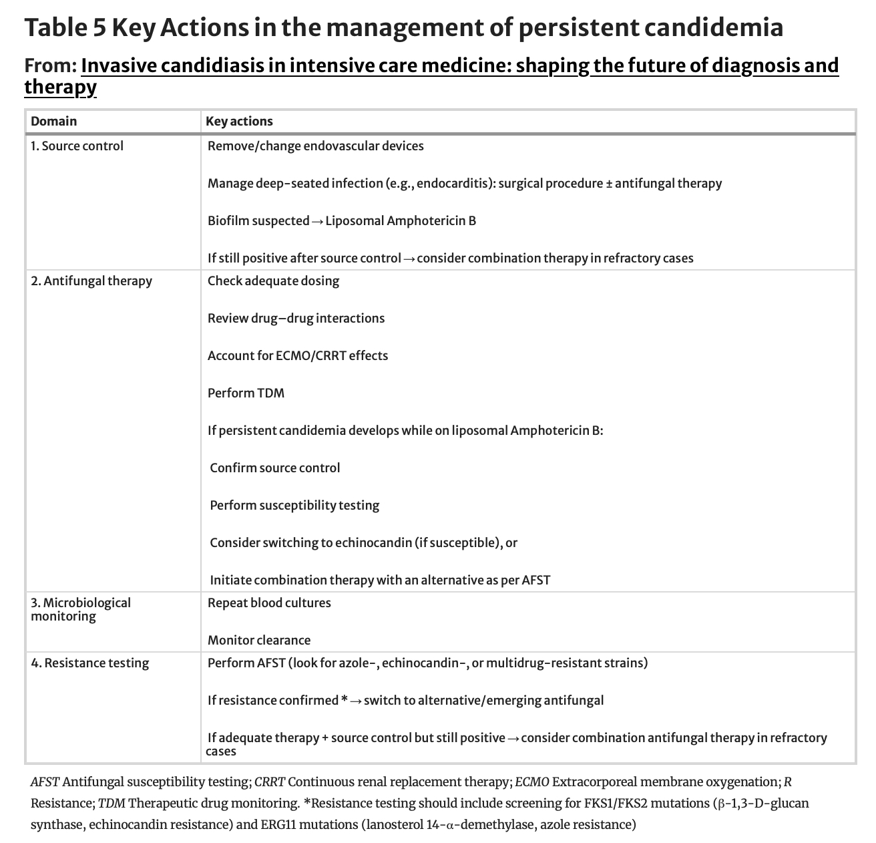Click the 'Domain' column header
pyautogui.click(x=53, y=121)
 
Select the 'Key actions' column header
pyautogui.click(x=239, y=121)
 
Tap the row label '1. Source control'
pyautogui.click(x=77, y=146)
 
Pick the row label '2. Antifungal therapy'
pyautogui.click(x=91, y=281)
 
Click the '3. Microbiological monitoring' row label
pyautogui.click(x=81, y=609)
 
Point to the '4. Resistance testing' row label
pyautogui.click(x=90, y=663)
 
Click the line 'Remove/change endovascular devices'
pyautogui.click(x=315, y=146)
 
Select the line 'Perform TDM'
pyautogui.click(x=246, y=393)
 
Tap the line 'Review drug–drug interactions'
pyautogui.click(x=296, y=318)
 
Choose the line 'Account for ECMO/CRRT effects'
pyautogui.click(x=297, y=355)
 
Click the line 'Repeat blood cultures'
pyautogui.click(x=269, y=603)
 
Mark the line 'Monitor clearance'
pyautogui.click(x=259, y=640)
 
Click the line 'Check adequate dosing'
pyautogui.click(x=273, y=281)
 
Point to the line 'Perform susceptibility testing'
pyautogui.click(x=294, y=505)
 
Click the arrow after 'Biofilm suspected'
pyautogui.click(x=317, y=221)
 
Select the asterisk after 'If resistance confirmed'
pyautogui.click(x=344, y=699)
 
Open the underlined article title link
pyautogui.click(x=459, y=66)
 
